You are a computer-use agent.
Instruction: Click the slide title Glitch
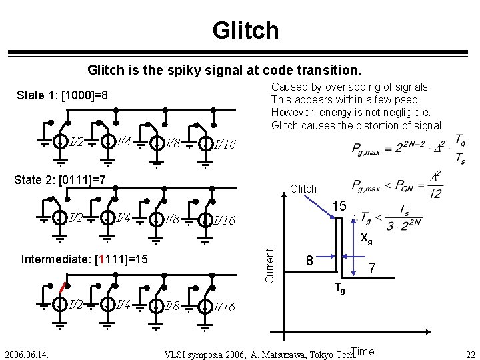coord(245,30)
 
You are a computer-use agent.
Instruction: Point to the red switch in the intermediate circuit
coord(61,289)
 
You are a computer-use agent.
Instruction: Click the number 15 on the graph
coord(339,207)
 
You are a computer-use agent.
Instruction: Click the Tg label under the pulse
coord(339,289)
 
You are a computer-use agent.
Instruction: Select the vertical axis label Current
coord(270,265)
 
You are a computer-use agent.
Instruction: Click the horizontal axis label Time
coord(363,351)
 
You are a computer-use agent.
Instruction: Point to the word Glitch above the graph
coord(303,189)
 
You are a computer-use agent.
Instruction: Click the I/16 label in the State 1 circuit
coord(223,144)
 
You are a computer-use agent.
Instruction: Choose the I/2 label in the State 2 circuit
coord(76,218)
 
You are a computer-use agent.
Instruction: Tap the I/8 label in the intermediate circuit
coord(171,305)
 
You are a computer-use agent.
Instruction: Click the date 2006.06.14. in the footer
coord(27,353)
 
